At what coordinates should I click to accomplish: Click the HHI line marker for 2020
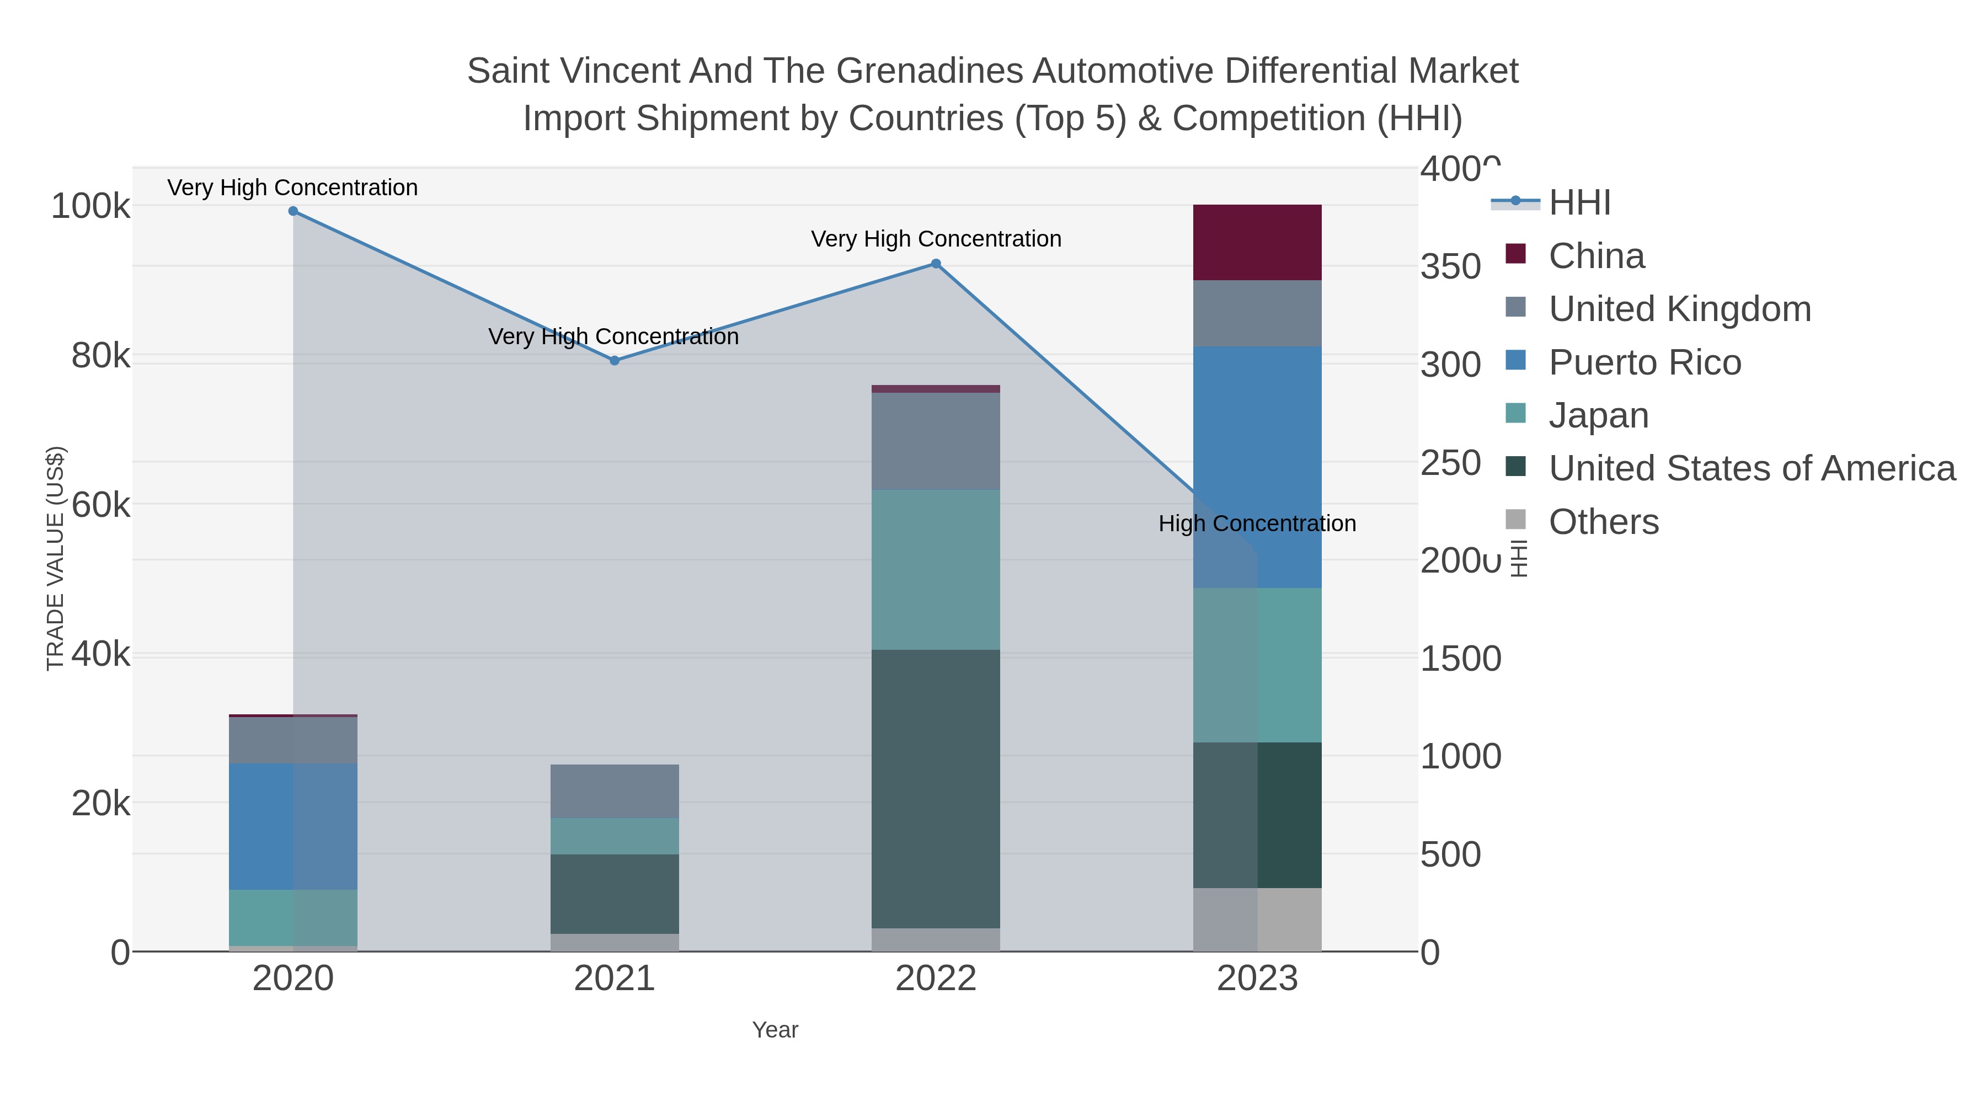[293, 211]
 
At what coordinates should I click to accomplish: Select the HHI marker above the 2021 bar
[615, 361]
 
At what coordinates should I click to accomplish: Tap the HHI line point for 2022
[936, 264]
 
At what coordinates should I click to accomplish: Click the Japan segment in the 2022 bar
[936, 570]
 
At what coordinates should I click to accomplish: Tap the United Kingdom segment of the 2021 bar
[615, 791]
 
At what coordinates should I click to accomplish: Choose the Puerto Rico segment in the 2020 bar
[293, 826]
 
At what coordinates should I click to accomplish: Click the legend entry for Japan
[1598, 415]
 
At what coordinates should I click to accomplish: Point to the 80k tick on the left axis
[100, 356]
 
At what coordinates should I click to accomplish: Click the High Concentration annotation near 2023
[1257, 524]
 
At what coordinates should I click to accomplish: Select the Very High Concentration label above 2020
[292, 188]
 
